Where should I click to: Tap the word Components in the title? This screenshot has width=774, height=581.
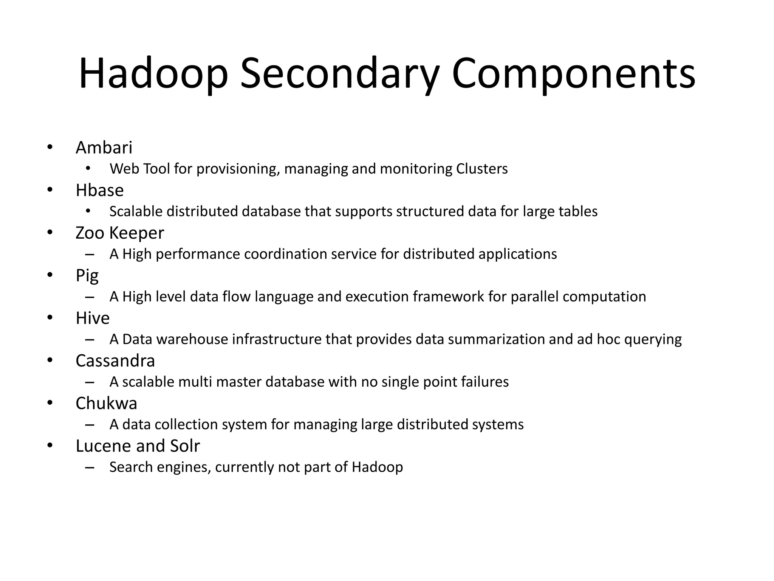click(573, 74)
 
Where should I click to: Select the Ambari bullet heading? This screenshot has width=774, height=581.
click(104, 148)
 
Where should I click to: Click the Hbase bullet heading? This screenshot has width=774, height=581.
click(99, 190)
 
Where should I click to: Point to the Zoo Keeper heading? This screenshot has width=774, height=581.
click(120, 233)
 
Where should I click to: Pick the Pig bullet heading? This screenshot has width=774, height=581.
click(87, 276)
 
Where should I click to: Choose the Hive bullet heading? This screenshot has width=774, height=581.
click(93, 318)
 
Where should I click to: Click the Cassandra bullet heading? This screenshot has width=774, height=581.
click(115, 361)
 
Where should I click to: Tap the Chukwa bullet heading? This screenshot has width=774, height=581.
click(106, 404)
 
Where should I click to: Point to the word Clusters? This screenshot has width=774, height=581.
click(482, 169)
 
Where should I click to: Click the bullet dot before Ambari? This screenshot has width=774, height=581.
click(50, 147)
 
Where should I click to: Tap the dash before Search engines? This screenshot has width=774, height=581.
click(90, 468)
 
